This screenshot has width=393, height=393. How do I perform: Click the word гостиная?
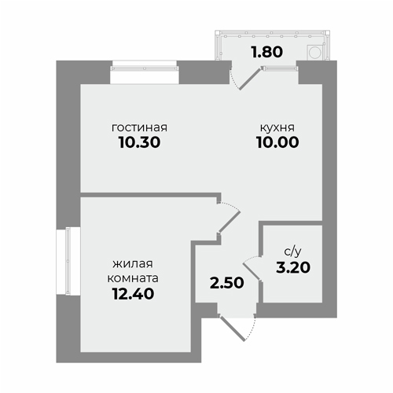[139, 127]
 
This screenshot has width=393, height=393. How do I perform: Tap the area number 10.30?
[139, 142]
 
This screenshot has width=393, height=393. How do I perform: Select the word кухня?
[277, 127]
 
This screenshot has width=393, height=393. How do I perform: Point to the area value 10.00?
[277, 142]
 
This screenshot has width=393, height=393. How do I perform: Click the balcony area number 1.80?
[267, 52]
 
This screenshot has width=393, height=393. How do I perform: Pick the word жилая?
[133, 263]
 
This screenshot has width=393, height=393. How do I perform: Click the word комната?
[133, 278]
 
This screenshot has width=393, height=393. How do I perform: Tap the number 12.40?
[133, 293]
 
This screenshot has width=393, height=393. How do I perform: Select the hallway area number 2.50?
[227, 283]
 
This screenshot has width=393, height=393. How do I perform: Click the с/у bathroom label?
[292, 252]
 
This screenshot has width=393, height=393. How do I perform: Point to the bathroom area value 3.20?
[293, 267]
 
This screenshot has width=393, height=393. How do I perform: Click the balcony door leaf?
[250, 79]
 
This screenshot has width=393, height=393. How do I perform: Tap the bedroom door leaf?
[230, 222]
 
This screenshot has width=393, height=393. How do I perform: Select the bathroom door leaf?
[252, 272]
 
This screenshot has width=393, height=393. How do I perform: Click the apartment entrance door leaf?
[233, 329]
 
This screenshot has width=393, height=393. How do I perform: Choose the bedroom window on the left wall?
[68, 261]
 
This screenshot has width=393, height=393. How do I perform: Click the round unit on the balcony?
[315, 53]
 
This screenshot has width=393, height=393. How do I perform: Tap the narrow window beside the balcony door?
[280, 68]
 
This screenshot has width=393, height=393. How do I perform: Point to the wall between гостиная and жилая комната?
[151, 195]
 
